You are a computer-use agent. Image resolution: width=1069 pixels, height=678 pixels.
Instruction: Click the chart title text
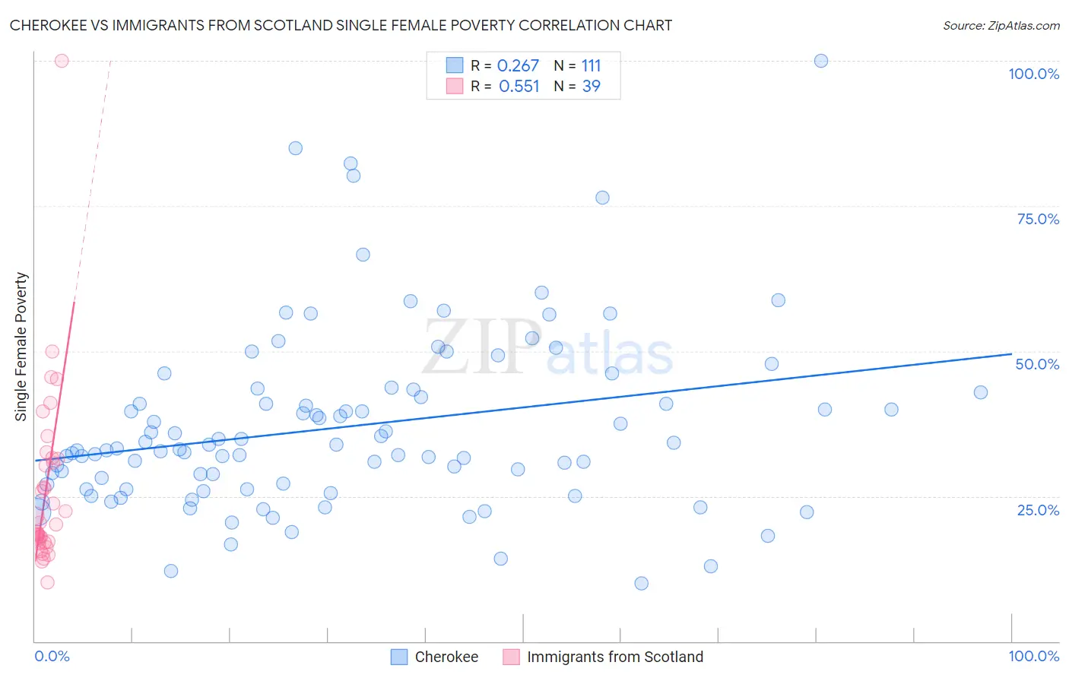[341, 25]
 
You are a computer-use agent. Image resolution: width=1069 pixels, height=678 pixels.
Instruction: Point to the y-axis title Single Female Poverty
[21, 347]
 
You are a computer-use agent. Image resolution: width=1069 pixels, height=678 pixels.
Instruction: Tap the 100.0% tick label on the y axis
[1033, 74]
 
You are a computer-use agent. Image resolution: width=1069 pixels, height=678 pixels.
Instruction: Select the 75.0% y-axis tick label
[1038, 219]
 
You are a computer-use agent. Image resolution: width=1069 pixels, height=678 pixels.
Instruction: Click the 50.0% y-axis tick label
[1037, 364]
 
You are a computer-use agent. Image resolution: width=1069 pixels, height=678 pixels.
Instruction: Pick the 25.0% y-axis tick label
[1038, 510]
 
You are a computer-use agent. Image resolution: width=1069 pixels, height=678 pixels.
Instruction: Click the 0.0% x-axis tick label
[52, 656]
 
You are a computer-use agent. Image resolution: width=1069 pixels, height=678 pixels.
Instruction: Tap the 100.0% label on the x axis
[1033, 656]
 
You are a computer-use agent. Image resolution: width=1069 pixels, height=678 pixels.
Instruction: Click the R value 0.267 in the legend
[518, 66]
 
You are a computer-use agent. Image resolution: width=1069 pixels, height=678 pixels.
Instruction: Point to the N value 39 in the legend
[591, 87]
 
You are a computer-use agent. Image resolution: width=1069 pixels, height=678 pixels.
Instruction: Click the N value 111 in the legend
[591, 66]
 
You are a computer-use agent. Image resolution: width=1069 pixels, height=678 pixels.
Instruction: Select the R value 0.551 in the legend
[519, 87]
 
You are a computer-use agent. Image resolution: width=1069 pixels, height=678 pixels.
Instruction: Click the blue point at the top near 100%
[821, 61]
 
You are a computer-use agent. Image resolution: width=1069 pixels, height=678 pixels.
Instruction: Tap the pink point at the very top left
[62, 61]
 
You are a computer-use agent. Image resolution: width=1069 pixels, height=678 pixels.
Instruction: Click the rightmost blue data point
[981, 392]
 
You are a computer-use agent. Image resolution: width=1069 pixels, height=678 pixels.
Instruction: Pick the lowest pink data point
[47, 582]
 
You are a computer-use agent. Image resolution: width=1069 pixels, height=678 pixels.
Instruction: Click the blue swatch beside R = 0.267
[454, 65]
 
